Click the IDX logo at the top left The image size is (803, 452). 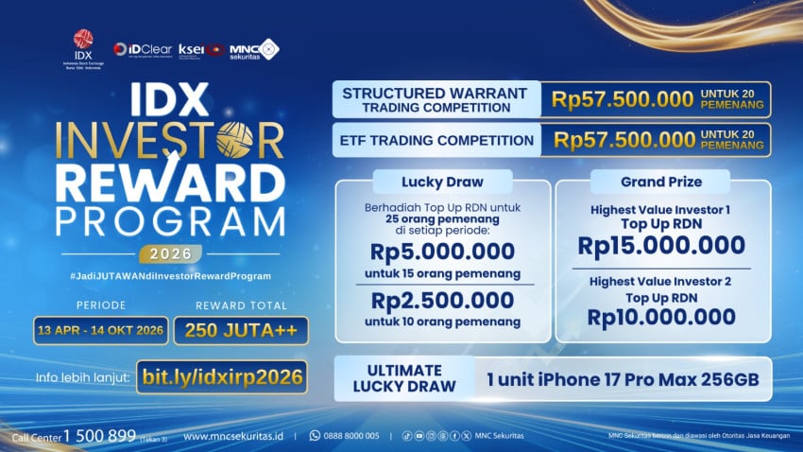click(x=84, y=46)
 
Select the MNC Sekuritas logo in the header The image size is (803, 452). click(x=254, y=48)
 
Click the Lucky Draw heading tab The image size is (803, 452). click(x=442, y=181)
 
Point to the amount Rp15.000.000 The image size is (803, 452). click(x=662, y=245)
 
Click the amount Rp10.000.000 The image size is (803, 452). click(x=662, y=317)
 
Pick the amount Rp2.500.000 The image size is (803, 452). click(x=442, y=302)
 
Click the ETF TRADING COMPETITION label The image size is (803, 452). click(x=436, y=141)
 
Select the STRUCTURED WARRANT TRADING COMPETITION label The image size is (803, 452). click(x=436, y=99)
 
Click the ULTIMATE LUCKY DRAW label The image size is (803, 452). click(x=398, y=378)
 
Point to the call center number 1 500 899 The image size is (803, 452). click(x=99, y=435)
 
